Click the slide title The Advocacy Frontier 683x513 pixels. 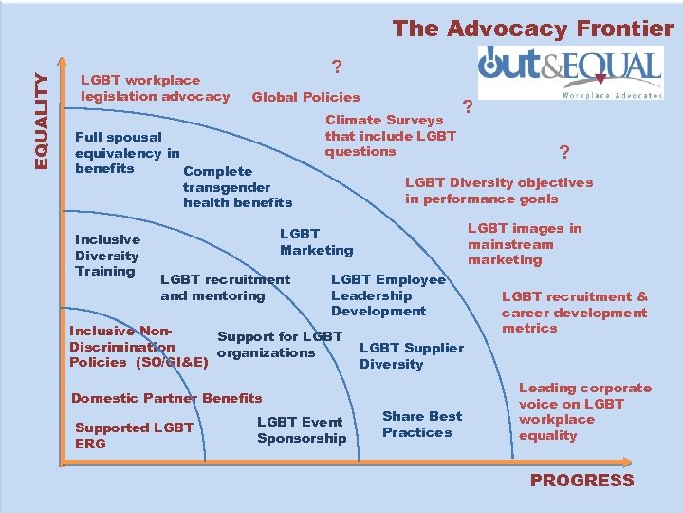coord(532,28)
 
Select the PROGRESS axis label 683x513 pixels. coord(581,480)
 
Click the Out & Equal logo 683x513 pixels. coord(570,72)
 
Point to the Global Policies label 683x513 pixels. coord(305,97)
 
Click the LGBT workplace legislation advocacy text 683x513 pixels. coord(156,88)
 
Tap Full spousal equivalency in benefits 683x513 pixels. coord(126,153)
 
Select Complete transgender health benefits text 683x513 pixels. coord(237,187)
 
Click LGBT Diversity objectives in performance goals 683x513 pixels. coord(498,191)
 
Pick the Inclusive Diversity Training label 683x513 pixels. coord(107,256)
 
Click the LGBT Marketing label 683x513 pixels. coord(316,242)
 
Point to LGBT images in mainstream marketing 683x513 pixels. coord(524,244)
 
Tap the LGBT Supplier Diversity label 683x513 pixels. coord(411,356)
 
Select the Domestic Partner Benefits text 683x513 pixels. coord(167,398)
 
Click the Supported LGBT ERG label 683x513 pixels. coord(134,436)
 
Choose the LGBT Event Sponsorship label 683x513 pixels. coord(302,429)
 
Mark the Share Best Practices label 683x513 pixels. coord(422,424)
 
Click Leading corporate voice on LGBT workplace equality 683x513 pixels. coord(584,411)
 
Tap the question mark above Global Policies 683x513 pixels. coord(337,67)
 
